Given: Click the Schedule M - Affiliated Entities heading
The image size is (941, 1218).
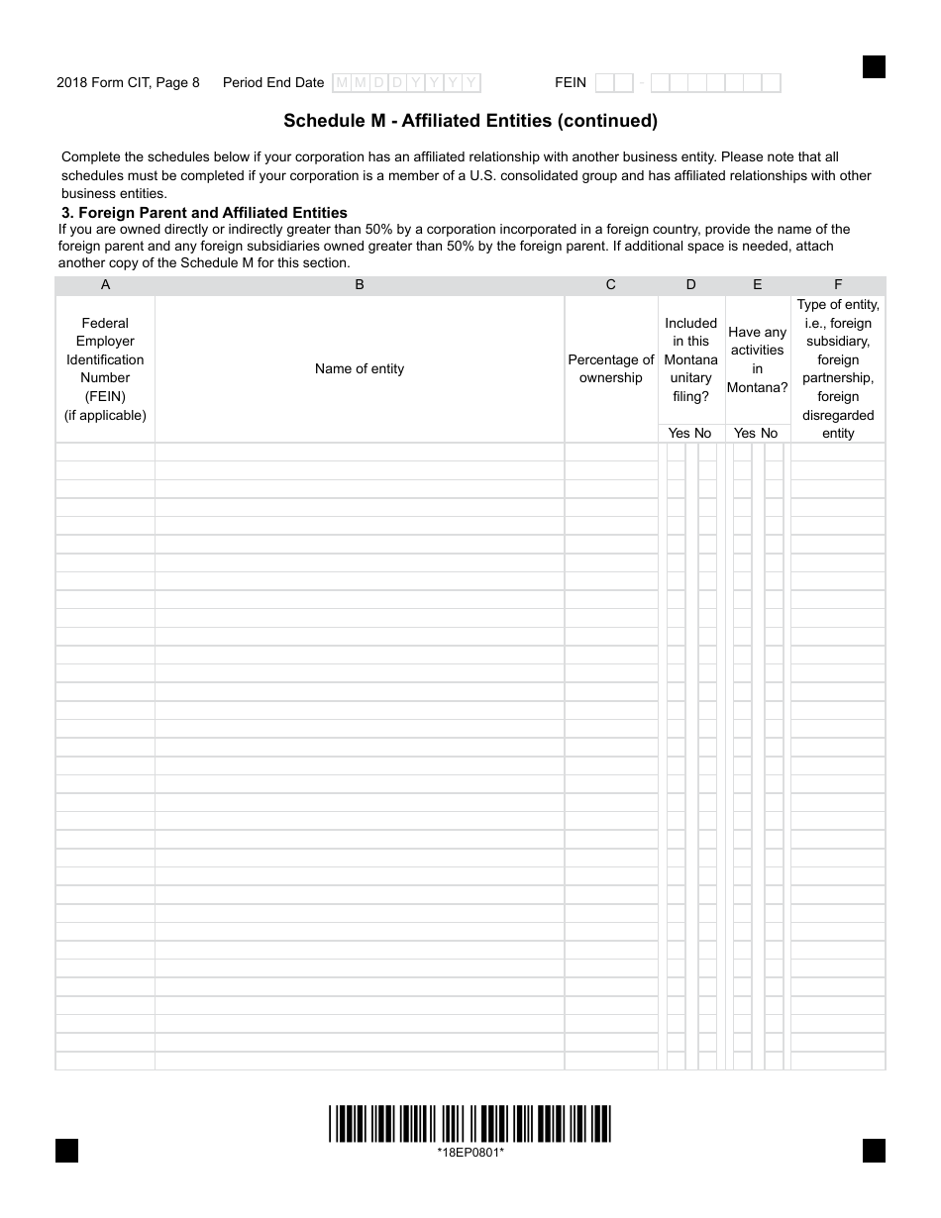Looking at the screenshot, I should (470, 121).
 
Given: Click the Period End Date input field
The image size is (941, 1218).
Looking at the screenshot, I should (406, 83).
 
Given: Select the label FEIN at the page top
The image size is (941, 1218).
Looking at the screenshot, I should (571, 83).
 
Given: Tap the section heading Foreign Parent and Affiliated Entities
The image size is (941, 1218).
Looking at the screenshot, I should (204, 212).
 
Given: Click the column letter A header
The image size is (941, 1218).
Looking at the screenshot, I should (106, 285).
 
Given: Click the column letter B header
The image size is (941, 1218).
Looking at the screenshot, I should (360, 285).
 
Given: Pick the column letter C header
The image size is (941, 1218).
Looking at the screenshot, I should (611, 285).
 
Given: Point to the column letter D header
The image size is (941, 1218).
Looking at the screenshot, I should (691, 285).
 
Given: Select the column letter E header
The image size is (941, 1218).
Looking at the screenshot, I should (758, 285).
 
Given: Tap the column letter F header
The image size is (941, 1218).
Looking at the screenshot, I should (838, 285).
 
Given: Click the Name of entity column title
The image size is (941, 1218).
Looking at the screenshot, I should (360, 368).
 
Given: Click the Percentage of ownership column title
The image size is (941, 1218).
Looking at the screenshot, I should (611, 368).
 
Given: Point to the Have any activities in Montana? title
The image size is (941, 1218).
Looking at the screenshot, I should (758, 359).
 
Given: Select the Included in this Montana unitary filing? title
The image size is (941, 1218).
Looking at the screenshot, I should (691, 359).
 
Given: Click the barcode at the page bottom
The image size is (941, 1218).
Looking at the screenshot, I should (470, 1124).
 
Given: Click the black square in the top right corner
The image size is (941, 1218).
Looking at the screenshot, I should (874, 66).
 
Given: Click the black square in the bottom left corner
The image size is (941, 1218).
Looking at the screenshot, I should (66, 1151).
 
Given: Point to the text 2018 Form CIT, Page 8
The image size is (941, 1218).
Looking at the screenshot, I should (128, 83).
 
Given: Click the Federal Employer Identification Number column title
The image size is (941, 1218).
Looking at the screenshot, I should (106, 368).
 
